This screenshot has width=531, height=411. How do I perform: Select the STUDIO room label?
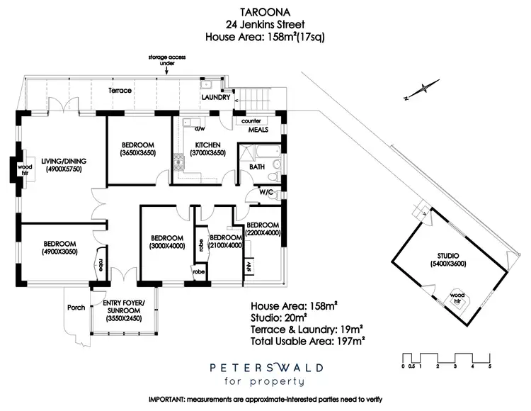(450, 256)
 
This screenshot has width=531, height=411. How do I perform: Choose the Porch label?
(76, 307)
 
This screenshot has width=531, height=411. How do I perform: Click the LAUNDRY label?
(215, 98)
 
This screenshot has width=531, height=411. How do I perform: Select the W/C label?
(266, 192)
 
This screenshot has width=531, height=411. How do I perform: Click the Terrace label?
(120, 91)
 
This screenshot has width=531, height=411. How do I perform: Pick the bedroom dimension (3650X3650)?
(137, 152)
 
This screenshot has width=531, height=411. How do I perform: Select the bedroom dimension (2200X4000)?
(263, 232)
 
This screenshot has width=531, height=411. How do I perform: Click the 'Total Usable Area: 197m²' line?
(308, 342)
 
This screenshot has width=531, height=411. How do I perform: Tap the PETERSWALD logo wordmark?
(265, 368)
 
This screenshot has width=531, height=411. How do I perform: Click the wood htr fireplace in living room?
(23, 169)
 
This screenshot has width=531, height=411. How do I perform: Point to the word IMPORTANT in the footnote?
(168, 402)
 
